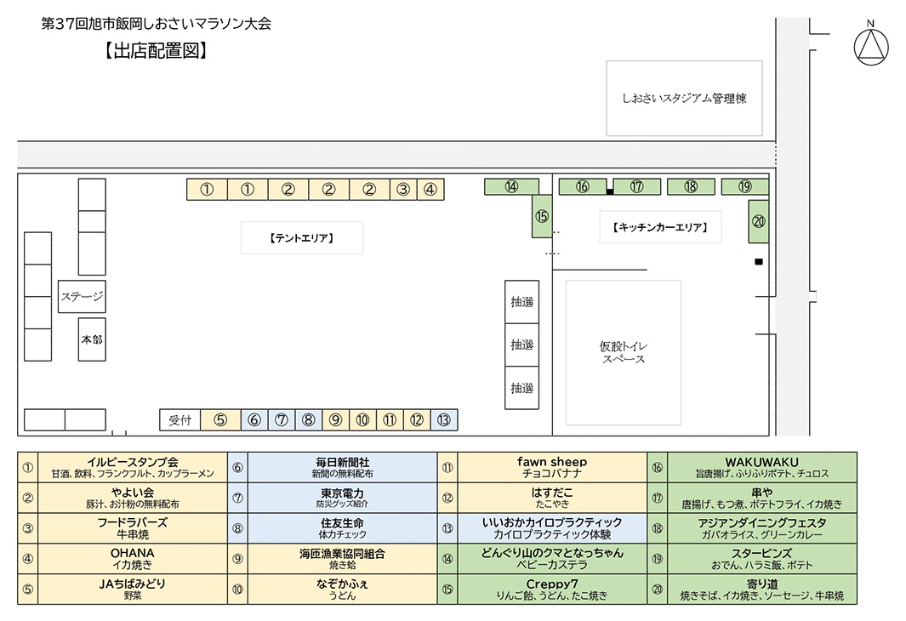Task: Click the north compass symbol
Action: click(870, 46)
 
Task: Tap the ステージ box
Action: click(82, 297)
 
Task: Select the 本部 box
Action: click(92, 339)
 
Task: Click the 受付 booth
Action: click(179, 419)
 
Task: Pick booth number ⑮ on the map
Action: click(543, 216)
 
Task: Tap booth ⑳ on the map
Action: click(759, 221)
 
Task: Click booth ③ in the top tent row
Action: click(404, 190)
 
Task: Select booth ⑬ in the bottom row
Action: click(444, 419)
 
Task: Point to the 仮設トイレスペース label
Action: click(623, 352)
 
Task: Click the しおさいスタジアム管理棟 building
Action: click(684, 98)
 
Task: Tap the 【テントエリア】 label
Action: click(302, 238)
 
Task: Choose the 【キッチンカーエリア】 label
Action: click(660, 227)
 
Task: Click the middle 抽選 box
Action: click(521, 345)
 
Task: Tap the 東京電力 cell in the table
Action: click(342, 498)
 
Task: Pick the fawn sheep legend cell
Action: click(552, 467)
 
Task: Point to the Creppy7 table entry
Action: click(552, 590)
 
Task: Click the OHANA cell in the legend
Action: click(132, 559)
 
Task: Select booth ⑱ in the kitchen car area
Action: click(691, 186)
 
